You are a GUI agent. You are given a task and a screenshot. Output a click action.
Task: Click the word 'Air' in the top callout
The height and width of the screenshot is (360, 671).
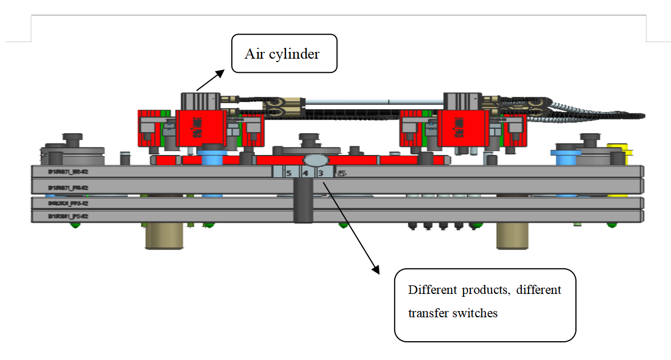254,54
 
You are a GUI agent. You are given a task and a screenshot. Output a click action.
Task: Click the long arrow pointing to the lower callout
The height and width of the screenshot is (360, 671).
350,228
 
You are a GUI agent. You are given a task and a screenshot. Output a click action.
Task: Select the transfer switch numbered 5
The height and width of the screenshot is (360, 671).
289,173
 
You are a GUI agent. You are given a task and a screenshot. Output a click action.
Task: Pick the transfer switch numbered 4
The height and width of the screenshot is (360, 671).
305,173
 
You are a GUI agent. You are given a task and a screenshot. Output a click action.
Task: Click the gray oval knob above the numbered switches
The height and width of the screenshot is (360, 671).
314,159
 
